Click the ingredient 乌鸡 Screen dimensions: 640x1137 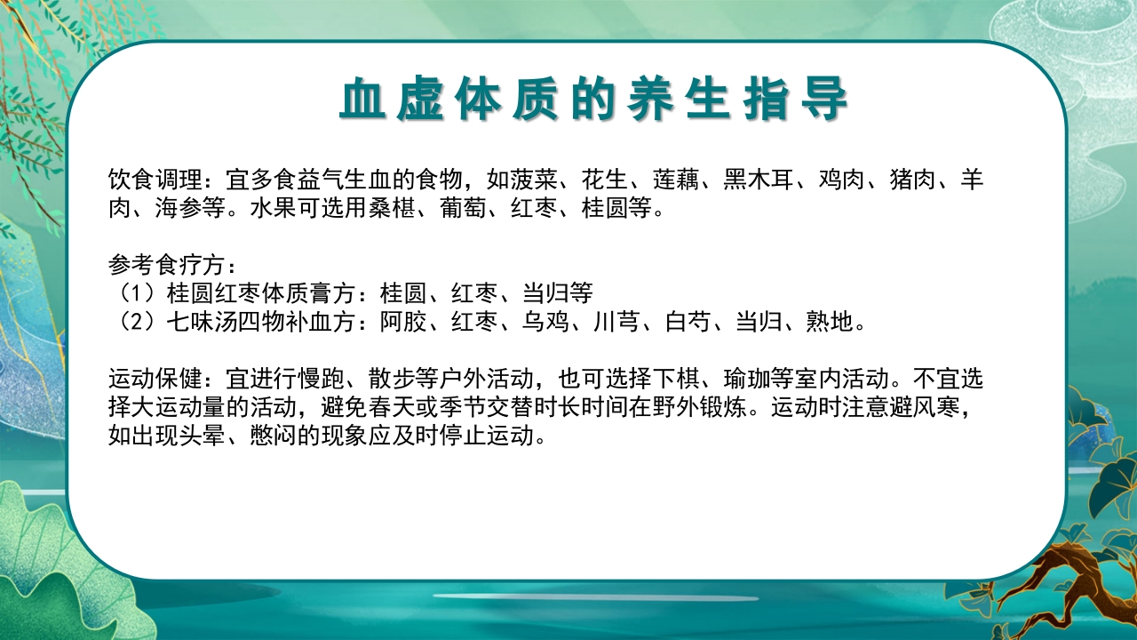point(546,321)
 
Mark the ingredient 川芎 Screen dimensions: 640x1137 point(617,321)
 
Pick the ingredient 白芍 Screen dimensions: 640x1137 point(688,321)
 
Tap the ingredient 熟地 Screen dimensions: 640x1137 point(831,321)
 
